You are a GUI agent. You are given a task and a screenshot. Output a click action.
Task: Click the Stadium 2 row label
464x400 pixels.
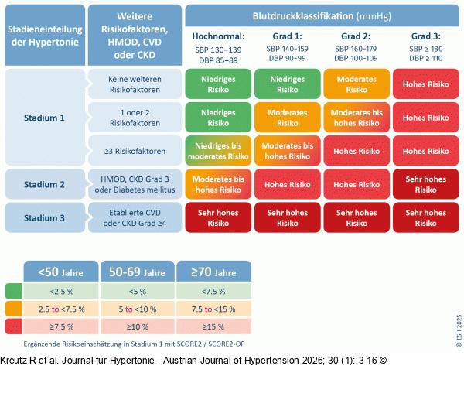[45, 184]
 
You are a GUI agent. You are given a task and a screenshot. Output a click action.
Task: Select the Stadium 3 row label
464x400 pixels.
[45, 217]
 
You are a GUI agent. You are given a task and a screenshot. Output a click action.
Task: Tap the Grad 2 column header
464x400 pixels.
[356, 36]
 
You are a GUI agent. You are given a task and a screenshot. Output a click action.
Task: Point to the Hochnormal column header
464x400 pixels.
[218, 36]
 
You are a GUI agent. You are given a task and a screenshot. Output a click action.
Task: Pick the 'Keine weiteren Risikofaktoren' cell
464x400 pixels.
[135, 84]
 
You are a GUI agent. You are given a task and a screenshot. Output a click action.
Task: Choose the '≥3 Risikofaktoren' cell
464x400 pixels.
[135, 151]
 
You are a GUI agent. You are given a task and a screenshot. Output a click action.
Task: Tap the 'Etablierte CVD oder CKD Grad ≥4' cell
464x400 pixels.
[135, 217]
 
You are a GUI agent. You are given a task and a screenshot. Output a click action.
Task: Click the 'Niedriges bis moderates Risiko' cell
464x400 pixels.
[218, 151]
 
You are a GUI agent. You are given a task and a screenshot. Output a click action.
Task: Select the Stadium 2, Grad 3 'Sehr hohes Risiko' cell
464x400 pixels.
[426, 184]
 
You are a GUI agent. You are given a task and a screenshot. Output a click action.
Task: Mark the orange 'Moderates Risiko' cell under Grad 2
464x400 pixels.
[357, 84]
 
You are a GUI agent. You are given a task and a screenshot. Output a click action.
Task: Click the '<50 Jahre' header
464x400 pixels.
[61, 272]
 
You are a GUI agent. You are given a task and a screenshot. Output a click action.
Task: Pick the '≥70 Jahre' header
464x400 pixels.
[213, 272]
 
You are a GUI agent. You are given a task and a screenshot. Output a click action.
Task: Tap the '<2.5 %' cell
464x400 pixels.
[61, 292]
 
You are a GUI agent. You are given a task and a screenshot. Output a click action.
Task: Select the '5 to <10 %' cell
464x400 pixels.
[138, 309]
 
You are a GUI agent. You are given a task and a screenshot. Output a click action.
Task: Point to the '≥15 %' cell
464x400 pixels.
[213, 326]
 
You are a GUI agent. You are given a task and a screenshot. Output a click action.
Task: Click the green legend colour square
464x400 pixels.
[14, 291]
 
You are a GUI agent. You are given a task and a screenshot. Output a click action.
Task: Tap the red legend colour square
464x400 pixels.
[14, 326]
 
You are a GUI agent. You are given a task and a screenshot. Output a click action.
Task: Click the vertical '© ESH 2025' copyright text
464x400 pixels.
[459, 330]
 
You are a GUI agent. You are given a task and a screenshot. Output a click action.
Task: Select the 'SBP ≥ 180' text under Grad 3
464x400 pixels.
[426, 49]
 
